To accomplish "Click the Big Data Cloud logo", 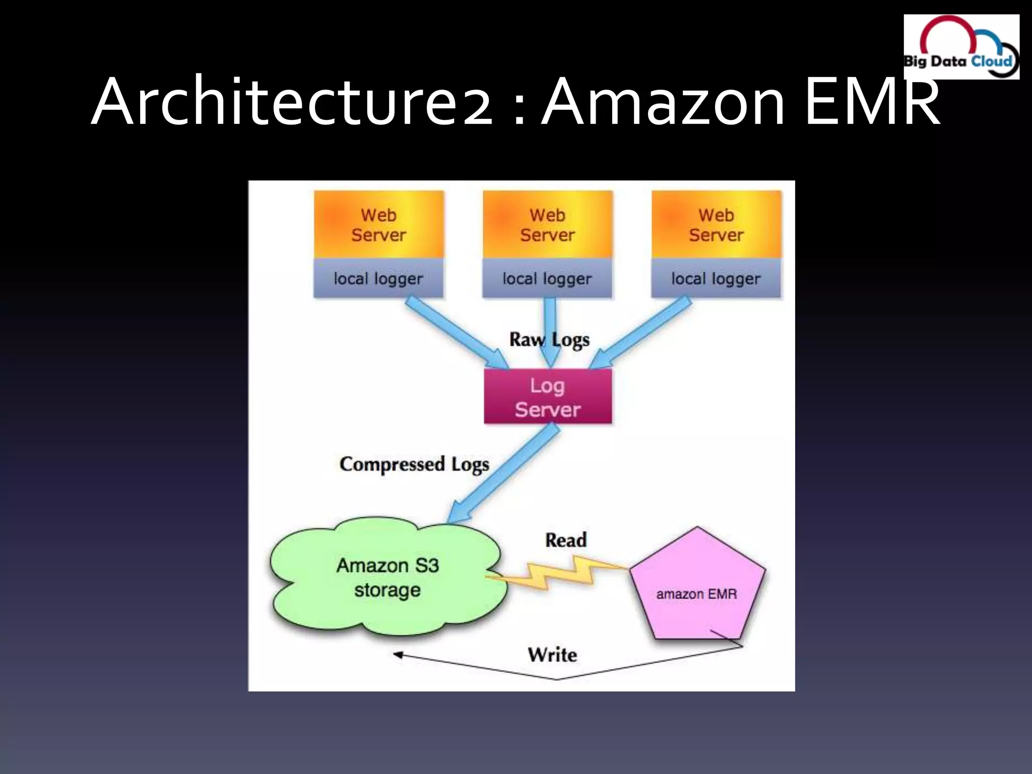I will [x=961, y=47].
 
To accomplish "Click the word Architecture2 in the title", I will [x=292, y=101].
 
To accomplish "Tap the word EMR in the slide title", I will [x=872, y=101].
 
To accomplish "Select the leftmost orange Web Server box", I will [x=379, y=225].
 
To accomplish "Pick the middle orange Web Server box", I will [x=548, y=225].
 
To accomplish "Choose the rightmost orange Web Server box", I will [x=716, y=225].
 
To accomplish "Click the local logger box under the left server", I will [x=378, y=279].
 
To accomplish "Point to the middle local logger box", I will [x=547, y=279].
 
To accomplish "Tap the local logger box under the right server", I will [x=716, y=279].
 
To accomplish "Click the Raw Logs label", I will [x=549, y=340].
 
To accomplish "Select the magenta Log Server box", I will [x=548, y=397].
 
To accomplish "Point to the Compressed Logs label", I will [x=414, y=465].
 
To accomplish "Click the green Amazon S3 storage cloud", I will [x=387, y=577].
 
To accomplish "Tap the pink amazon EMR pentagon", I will [x=697, y=590].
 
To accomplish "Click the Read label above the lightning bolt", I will [x=566, y=540].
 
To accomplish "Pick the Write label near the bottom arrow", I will [x=552, y=655].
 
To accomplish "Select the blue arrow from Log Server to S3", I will [x=504, y=474].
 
